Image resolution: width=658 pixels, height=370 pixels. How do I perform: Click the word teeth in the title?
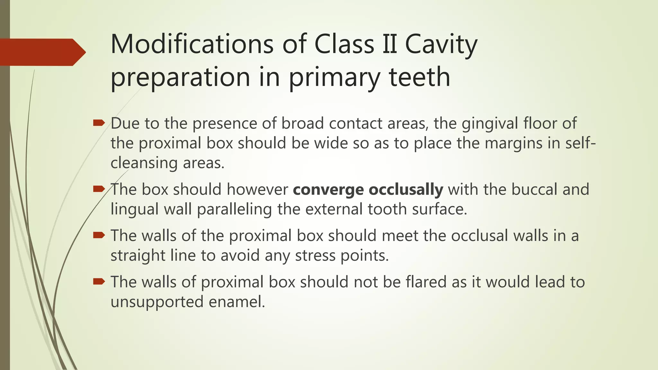click(419, 77)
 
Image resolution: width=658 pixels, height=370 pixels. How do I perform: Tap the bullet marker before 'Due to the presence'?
click(99, 123)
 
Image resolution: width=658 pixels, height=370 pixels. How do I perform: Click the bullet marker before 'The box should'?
click(99, 189)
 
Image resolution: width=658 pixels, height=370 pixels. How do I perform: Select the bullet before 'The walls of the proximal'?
click(99, 235)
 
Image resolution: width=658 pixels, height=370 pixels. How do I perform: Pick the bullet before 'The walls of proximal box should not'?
click(99, 282)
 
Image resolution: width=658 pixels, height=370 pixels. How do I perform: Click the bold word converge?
click(328, 190)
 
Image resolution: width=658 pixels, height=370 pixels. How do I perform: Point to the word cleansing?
click(144, 163)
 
